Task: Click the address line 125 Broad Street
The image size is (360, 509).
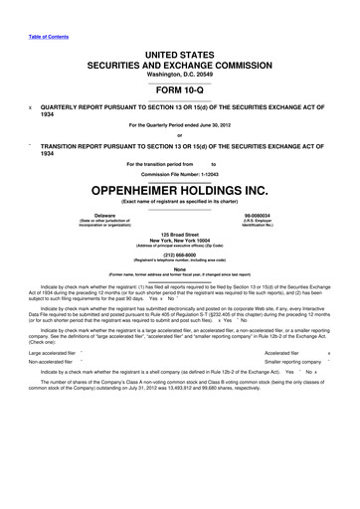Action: tap(179, 237)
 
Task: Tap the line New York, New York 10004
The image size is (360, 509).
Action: tap(179, 243)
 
